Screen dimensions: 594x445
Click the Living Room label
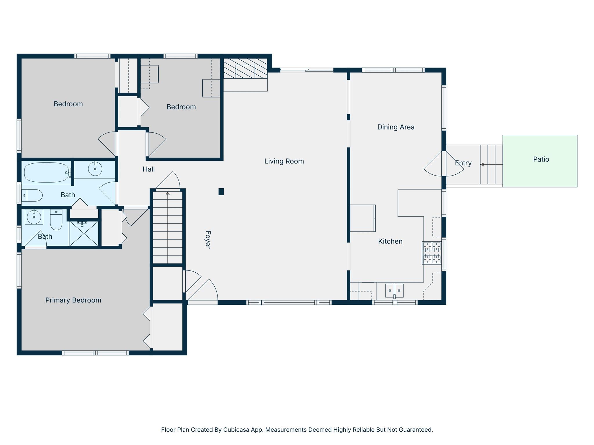pos(284,161)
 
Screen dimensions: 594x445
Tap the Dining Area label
pos(396,127)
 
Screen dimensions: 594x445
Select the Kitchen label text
pos(390,241)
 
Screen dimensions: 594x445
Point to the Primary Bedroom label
pos(73,300)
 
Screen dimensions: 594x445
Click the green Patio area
pos(540,161)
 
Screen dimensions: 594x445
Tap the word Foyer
pos(208,240)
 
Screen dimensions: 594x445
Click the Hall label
pos(148,169)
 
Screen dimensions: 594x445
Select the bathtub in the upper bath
pos(47,173)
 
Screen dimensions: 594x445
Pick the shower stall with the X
pos(84,234)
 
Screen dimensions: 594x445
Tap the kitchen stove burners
pos(432,253)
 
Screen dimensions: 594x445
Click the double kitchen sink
pos(394,291)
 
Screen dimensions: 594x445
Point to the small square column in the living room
pos(221,192)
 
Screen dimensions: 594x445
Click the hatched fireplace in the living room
pos(245,68)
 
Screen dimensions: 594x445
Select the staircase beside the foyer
pos(168,227)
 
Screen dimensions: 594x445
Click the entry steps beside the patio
pos(491,165)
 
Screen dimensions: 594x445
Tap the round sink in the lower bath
pos(34,217)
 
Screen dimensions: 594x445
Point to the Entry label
pos(463,163)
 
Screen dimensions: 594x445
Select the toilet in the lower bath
pos(56,220)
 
